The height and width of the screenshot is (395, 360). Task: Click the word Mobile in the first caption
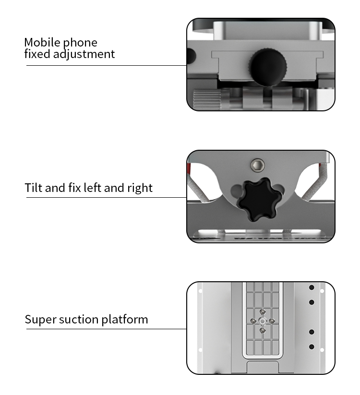coord(43,42)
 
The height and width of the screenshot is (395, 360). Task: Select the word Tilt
coord(34,188)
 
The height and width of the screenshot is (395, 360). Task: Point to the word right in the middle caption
coord(140,188)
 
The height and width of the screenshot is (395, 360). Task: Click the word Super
coord(40,320)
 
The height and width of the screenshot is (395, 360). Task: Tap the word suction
coord(79,320)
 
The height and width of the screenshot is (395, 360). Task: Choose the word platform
coord(125,320)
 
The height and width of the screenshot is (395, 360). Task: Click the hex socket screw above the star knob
coord(258,165)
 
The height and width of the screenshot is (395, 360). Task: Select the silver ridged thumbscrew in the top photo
coord(207,99)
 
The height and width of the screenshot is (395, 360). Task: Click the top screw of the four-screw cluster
coord(263,312)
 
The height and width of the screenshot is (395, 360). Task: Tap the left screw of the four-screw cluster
coord(253,321)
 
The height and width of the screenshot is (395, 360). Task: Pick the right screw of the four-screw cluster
coord(272,321)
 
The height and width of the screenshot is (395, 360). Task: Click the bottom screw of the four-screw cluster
coord(263,330)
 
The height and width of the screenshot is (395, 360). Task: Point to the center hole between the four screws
coord(263,321)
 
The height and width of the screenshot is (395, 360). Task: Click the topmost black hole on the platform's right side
coord(312,287)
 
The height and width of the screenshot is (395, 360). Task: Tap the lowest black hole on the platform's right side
coord(312,347)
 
